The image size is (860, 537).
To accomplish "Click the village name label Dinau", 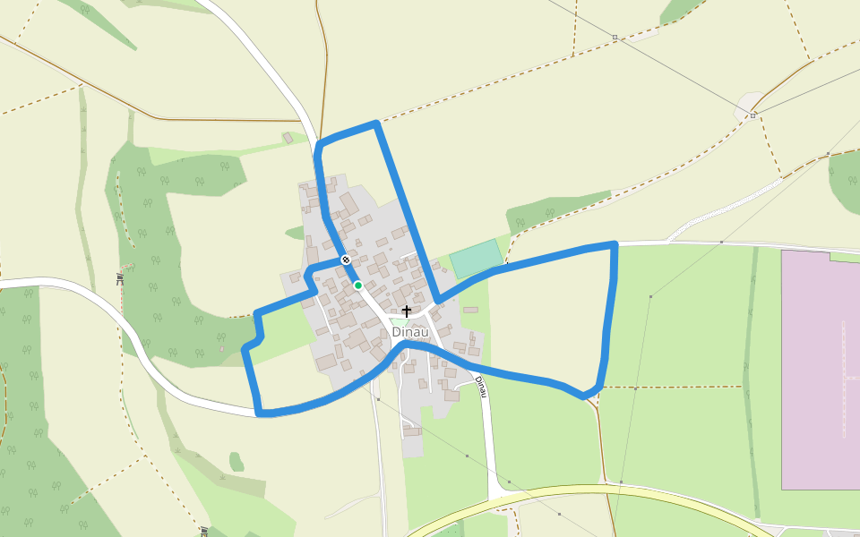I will click(410, 332).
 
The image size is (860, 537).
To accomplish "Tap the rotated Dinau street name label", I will click(481, 387).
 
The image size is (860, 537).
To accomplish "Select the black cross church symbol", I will click(407, 311).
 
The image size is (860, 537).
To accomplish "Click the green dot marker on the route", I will click(357, 286).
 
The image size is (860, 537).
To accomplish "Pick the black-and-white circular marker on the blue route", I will click(346, 260).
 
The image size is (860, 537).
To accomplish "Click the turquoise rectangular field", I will click(476, 258).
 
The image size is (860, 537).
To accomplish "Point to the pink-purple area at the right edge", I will click(820, 367).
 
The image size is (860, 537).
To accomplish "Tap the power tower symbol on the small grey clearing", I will click(753, 115).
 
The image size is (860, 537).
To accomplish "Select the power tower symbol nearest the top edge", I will click(615, 38).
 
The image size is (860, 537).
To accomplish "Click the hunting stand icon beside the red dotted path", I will click(119, 278).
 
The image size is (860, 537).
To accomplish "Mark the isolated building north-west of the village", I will click(288, 138).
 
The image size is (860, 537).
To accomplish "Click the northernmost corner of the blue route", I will click(376, 124).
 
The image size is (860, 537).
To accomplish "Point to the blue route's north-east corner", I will click(615, 243).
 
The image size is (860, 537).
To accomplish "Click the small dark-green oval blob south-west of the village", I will click(236, 462).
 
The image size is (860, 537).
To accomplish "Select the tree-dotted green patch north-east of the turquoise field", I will click(555, 209).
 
